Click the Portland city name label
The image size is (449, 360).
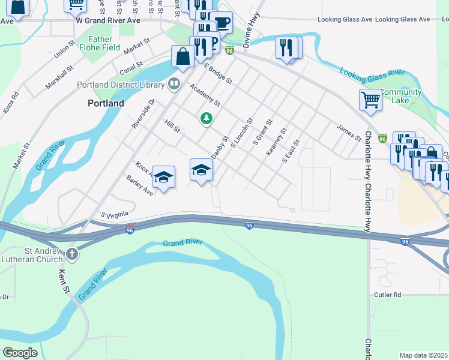click(x=106, y=103)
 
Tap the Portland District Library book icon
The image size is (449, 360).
click(x=174, y=83)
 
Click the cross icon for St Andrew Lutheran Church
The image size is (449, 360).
click(x=71, y=254)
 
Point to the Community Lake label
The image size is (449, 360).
click(x=400, y=96)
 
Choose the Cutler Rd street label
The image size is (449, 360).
click(x=387, y=295)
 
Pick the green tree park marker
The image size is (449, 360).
click(x=206, y=119)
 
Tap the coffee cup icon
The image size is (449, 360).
click(x=221, y=23)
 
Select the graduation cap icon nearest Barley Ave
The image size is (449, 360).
click(x=163, y=177)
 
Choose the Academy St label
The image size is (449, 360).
click(x=205, y=96)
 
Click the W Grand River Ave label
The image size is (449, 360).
click(x=108, y=20)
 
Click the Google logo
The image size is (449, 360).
click(x=20, y=353)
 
